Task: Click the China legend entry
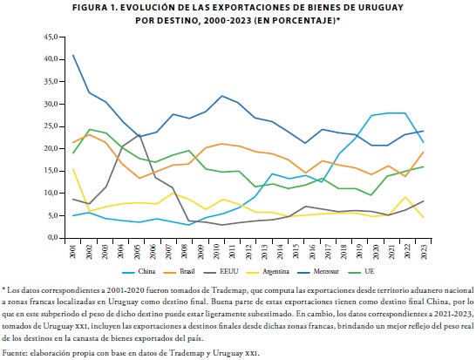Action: click(x=139, y=271)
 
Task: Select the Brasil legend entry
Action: click(x=179, y=271)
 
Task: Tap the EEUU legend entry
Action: click(x=221, y=271)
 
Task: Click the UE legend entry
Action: click(x=361, y=271)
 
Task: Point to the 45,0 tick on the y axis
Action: click(x=51, y=37)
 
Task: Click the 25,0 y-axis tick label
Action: click(x=51, y=126)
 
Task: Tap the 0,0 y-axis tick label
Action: click(x=52, y=238)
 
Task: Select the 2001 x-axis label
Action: click(x=73, y=252)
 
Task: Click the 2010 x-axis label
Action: click(x=216, y=252)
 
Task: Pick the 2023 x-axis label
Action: click(x=424, y=252)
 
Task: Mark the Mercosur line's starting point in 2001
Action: click(x=73, y=55)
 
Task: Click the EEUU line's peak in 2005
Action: click(x=139, y=134)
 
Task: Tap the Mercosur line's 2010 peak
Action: click(x=222, y=96)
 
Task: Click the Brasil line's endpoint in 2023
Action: click(x=424, y=152)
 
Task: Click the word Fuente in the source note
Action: click(x=13, y=353)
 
